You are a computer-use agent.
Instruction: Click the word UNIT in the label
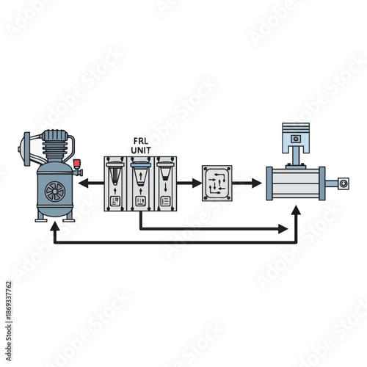(x=140, y=149)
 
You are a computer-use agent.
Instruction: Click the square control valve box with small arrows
(x=217, y=183)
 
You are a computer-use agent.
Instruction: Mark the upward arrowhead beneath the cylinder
(x=296, y=211)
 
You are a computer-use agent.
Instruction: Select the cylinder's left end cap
(x=271, y=183)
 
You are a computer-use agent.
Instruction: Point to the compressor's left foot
(x=41, y=218)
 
